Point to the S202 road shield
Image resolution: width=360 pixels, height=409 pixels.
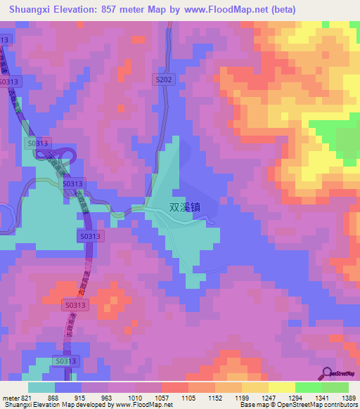pyautogui.click(x=164, y=81)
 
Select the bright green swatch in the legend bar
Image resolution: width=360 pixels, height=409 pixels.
pyautogui.click(x=308, y=387)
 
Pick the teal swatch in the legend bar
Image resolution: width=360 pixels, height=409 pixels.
pyautogui.click(x=41, y=387)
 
